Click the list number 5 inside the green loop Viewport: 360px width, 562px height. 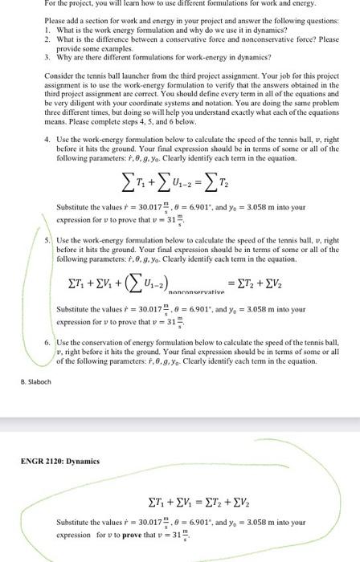pos(47,218)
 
